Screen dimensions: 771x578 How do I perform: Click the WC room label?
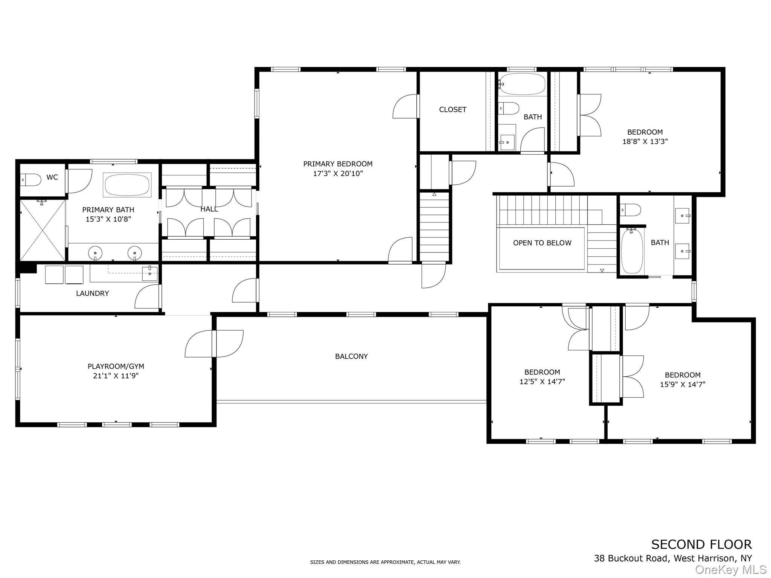[x=52, y=177]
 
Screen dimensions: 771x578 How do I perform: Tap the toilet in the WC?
[x=31, y=180]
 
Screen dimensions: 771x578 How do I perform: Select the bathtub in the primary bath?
[x=127, y=185]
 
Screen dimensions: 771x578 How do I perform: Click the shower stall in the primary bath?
[x=42, y=230]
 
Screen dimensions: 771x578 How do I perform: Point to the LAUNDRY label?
[x=93, y=294]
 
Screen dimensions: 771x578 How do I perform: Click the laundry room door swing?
[x=147, y=297]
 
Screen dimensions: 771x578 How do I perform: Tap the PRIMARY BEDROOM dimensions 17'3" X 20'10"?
[x=338, y=173]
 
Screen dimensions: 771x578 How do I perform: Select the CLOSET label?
[x=453, y=110]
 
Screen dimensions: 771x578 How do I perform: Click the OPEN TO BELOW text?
[x=542, y=243]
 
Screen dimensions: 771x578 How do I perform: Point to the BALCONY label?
[x=352, y=356]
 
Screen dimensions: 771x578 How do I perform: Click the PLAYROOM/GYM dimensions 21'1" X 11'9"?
[x=116, y=376]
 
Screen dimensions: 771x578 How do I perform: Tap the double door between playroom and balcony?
[x=214, y=344]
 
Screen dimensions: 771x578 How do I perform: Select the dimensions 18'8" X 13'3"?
[x=645, y=142]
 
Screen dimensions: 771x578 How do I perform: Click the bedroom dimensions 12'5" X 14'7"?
[x=542, y=382]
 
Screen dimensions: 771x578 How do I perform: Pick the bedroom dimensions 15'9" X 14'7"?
[x=683, y=385]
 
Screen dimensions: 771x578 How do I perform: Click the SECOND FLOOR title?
[x=702, y=545]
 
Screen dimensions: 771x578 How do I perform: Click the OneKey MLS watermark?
[x=730, y=570]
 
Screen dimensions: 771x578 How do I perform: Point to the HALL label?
[x=209, y=209]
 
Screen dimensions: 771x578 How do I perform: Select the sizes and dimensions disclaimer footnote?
[x=385, y=562]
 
